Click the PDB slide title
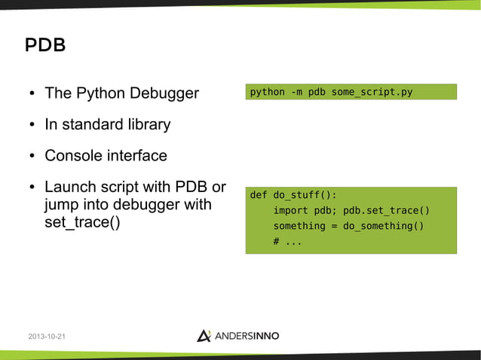[45, 45]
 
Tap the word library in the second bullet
[147, 124]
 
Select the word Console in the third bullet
[72, 156]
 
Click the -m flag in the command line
[296, 93]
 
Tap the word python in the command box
[267, 93]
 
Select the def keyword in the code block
[259, 195]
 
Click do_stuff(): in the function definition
[305, 195]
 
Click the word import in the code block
[290, 211]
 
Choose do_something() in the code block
[384, 226]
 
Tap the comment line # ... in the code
[287, 242]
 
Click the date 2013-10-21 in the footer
[46, 336]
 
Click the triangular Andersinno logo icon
[204, 335]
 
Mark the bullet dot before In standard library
[32, 125]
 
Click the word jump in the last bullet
[63, 206]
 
